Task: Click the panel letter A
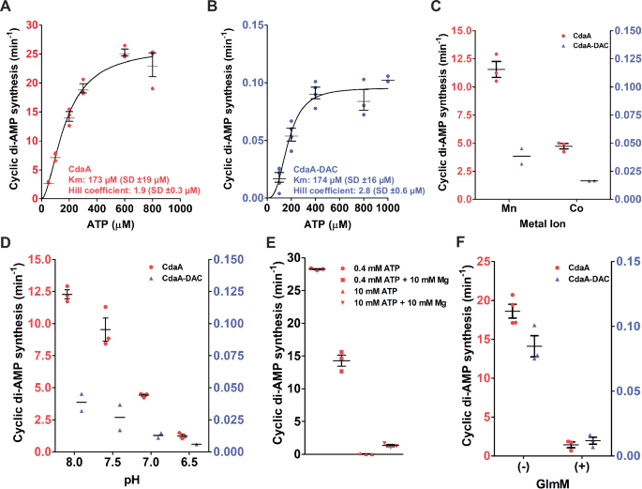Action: (7, 8)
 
